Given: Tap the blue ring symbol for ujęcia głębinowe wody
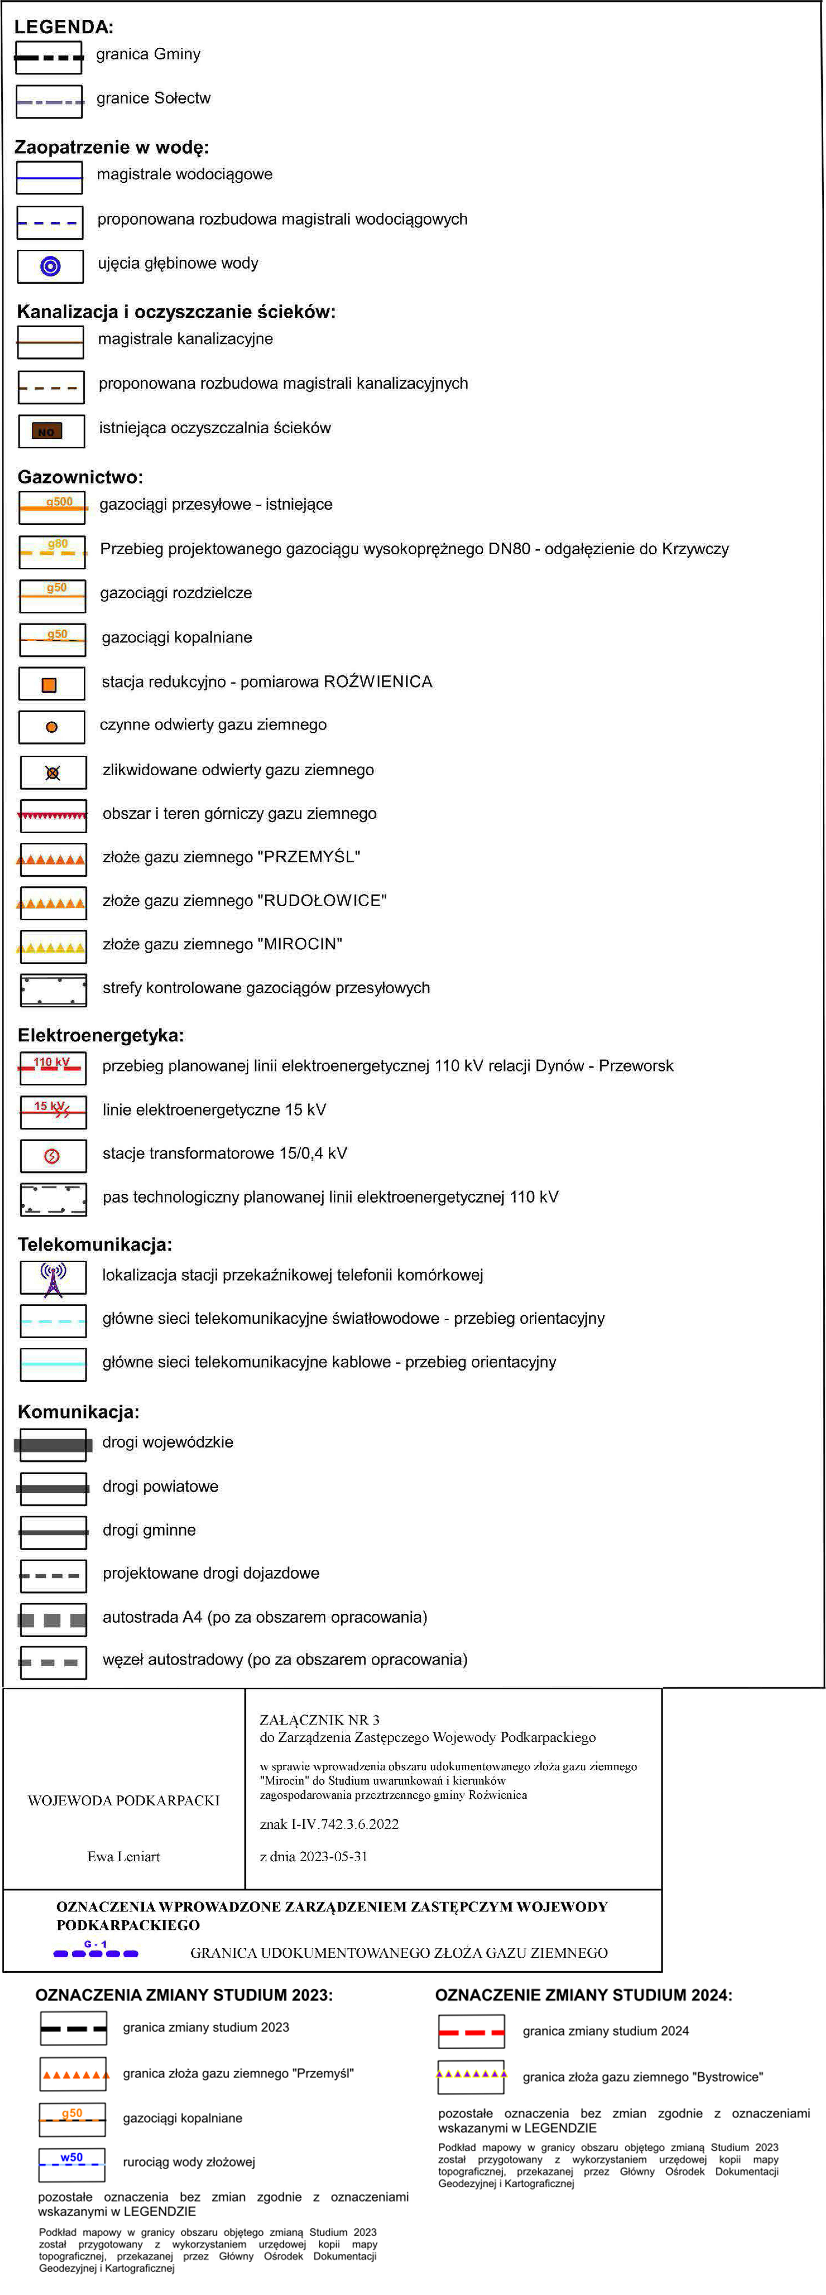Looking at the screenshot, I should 51,266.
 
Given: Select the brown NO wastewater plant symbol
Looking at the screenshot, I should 46,431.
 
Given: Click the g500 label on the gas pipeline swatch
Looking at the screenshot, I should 59,502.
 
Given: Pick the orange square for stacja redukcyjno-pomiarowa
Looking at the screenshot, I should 50,684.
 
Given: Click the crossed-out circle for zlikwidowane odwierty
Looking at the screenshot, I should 52,772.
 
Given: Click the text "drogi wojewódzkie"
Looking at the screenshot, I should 167,1441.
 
